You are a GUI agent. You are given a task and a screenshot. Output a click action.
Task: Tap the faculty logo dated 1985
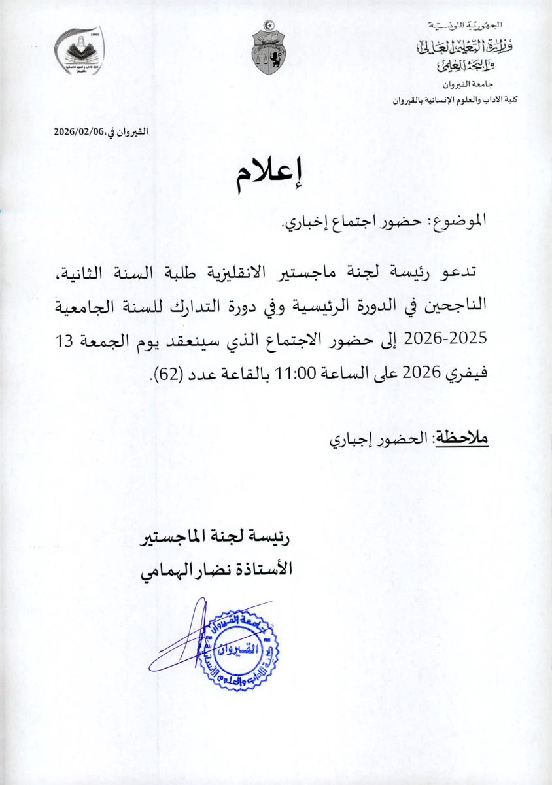coord(79,53)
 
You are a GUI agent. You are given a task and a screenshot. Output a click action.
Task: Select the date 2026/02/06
coord(80,131)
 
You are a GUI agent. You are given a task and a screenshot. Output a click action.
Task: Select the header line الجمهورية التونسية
coord(462,26)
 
